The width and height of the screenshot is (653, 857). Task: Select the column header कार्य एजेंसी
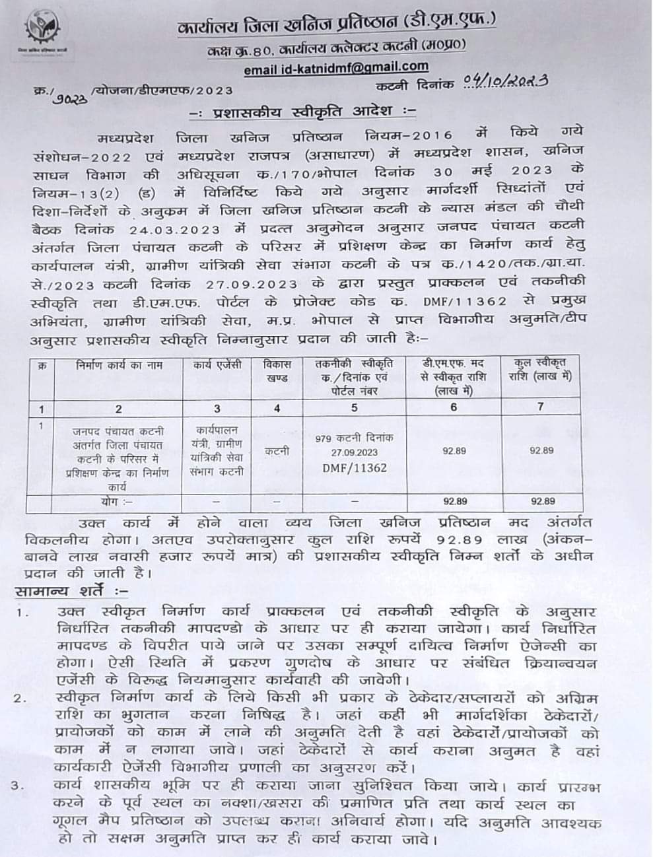point(217,365)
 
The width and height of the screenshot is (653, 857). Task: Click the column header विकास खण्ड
point(277,371)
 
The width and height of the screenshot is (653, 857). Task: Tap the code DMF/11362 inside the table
point(355,467)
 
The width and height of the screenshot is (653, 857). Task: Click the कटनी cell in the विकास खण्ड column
point(277,452)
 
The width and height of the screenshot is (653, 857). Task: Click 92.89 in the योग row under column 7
point(541,502)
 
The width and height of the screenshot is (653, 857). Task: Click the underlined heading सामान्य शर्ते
point(71,590)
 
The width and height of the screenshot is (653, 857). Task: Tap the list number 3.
point(20,786)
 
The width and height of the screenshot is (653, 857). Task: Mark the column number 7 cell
point(541,407)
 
